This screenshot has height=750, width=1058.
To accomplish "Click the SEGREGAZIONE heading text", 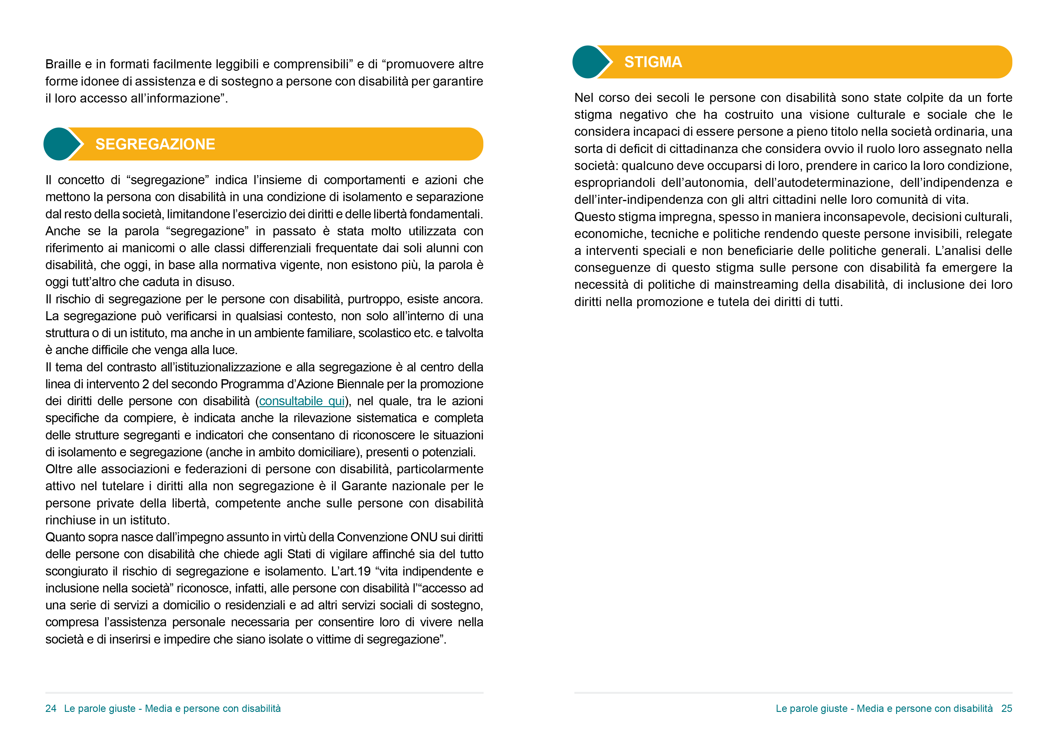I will (155, 145).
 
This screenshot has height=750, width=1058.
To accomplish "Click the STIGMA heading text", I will (653, 62).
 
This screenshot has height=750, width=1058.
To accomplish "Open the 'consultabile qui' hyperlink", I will (302, 401).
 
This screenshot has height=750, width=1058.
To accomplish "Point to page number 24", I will (51, 709).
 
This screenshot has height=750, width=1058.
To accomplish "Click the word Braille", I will (63, 64).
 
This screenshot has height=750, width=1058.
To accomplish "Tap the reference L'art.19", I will (351, 571).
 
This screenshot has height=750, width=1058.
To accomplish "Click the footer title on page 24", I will (172, 709).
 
